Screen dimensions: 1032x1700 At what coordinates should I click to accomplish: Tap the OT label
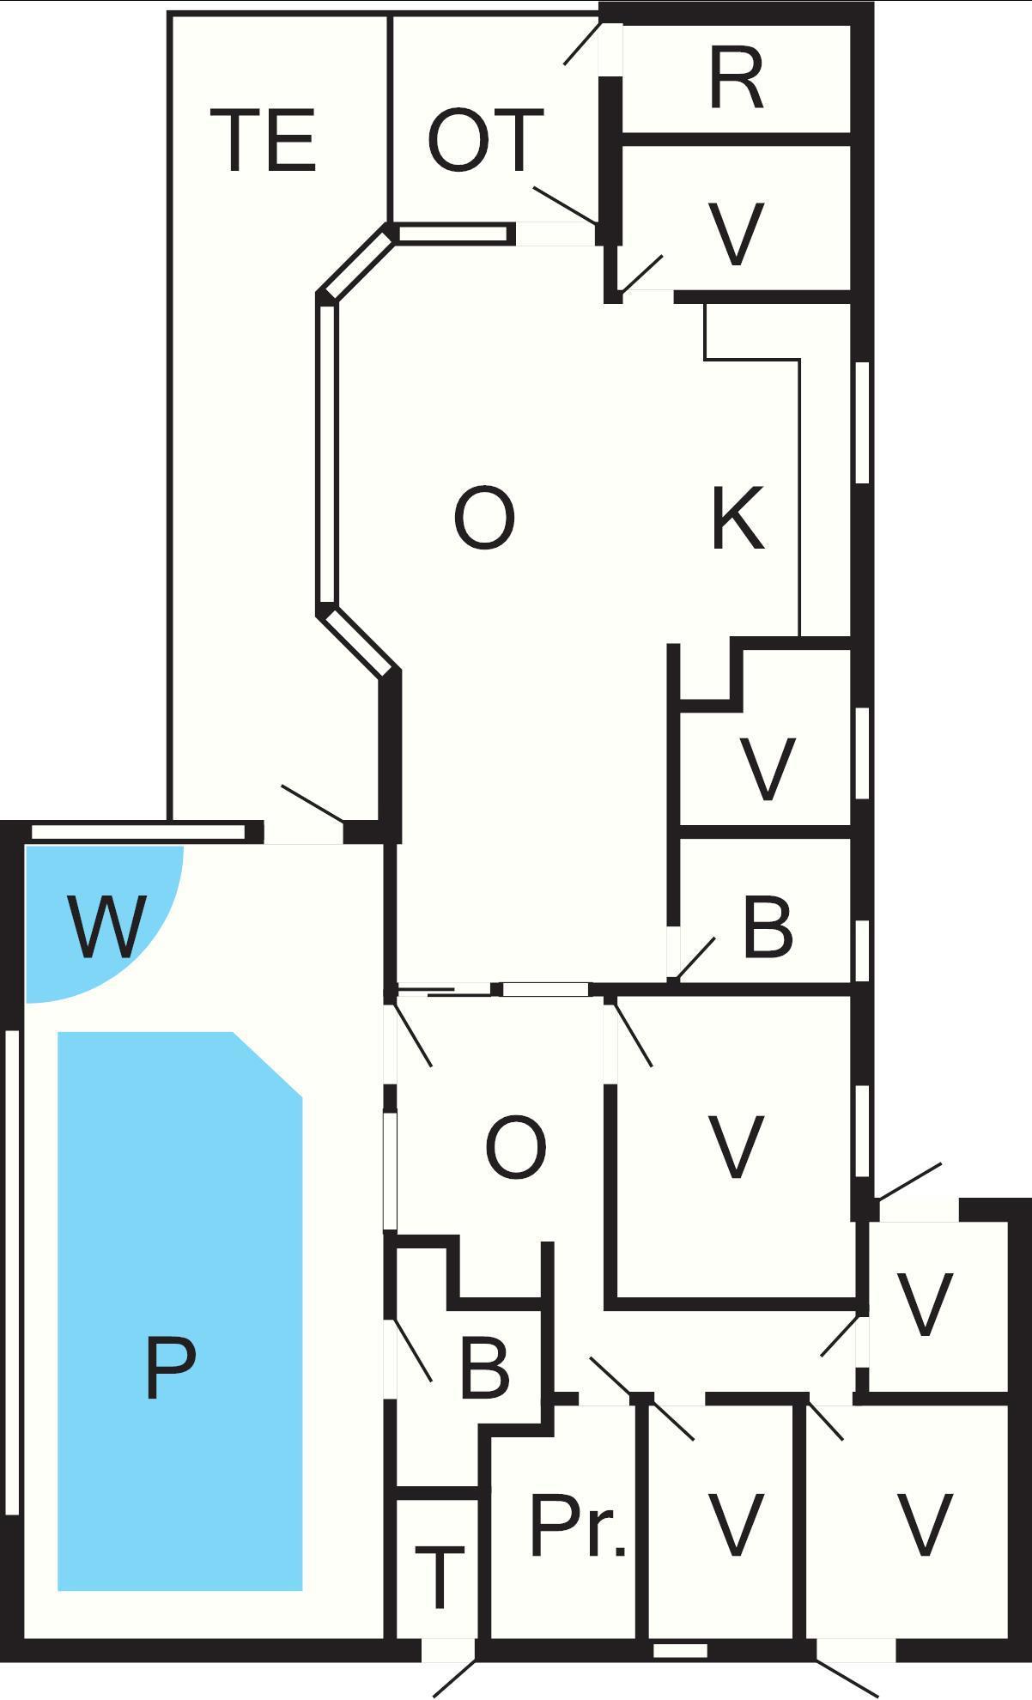[486, 140]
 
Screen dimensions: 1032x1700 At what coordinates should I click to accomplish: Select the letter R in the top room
[737, 79]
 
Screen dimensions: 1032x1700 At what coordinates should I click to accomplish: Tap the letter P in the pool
[170, 1368]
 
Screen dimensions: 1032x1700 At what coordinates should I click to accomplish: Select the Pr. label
[578, 1525]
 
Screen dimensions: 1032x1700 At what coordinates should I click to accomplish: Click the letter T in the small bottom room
[439, 1577]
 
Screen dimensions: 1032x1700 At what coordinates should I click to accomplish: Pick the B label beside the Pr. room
[484, 1367]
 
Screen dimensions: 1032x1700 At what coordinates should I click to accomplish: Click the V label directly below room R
[737, 234]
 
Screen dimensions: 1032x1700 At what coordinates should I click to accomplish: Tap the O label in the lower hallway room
[516, 1147]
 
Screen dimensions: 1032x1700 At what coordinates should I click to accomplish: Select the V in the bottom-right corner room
[925, 1525]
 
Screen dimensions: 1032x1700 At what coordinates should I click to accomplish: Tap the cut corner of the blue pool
[268, 1065]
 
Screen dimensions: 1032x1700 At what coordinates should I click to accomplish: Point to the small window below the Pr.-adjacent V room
[680, 1651]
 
